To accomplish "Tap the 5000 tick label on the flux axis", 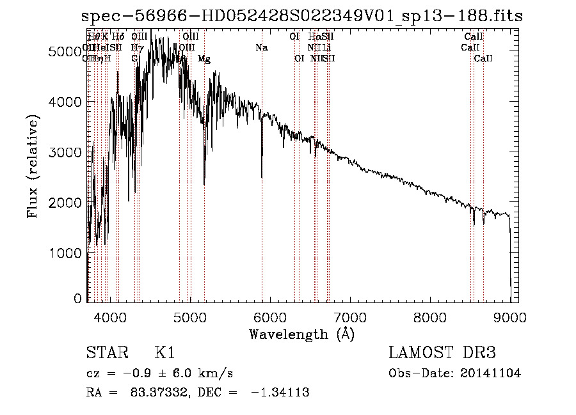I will coord(65,52).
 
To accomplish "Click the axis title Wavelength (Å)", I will coord(301,334).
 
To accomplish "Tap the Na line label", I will coord(261,47).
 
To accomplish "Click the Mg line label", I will coord(204,59).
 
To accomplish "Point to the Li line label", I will coord(326,47).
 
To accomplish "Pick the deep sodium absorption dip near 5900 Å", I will coord(262,173).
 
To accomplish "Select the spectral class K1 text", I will coord(164,353).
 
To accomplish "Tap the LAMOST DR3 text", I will coord(442,353).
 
